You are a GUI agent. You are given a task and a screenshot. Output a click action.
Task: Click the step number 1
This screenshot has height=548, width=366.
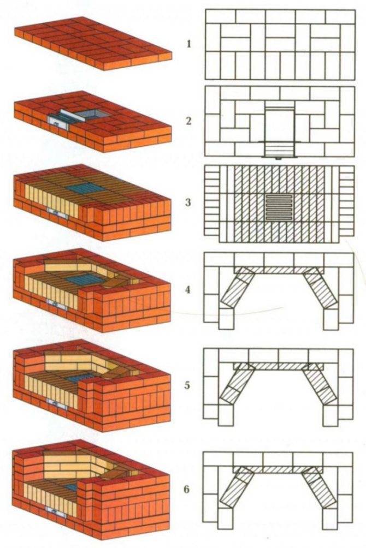[x=189, y=44]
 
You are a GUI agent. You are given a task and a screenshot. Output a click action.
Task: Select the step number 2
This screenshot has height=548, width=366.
[x=189, y=121]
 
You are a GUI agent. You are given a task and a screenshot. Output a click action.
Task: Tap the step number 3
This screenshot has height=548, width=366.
[x=188, y=202]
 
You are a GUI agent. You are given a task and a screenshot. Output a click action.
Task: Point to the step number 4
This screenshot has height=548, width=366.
[x=188, y=290]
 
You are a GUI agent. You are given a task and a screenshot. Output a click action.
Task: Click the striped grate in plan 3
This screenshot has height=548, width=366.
[x=279, y=207]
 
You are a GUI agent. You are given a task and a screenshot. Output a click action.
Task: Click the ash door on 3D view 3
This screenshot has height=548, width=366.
[x=57, y=213]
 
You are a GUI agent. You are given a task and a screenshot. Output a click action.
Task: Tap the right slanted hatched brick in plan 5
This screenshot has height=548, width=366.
[x=320, y=386]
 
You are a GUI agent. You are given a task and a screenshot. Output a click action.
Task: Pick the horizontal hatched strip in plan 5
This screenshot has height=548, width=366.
[x=279, y=366]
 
